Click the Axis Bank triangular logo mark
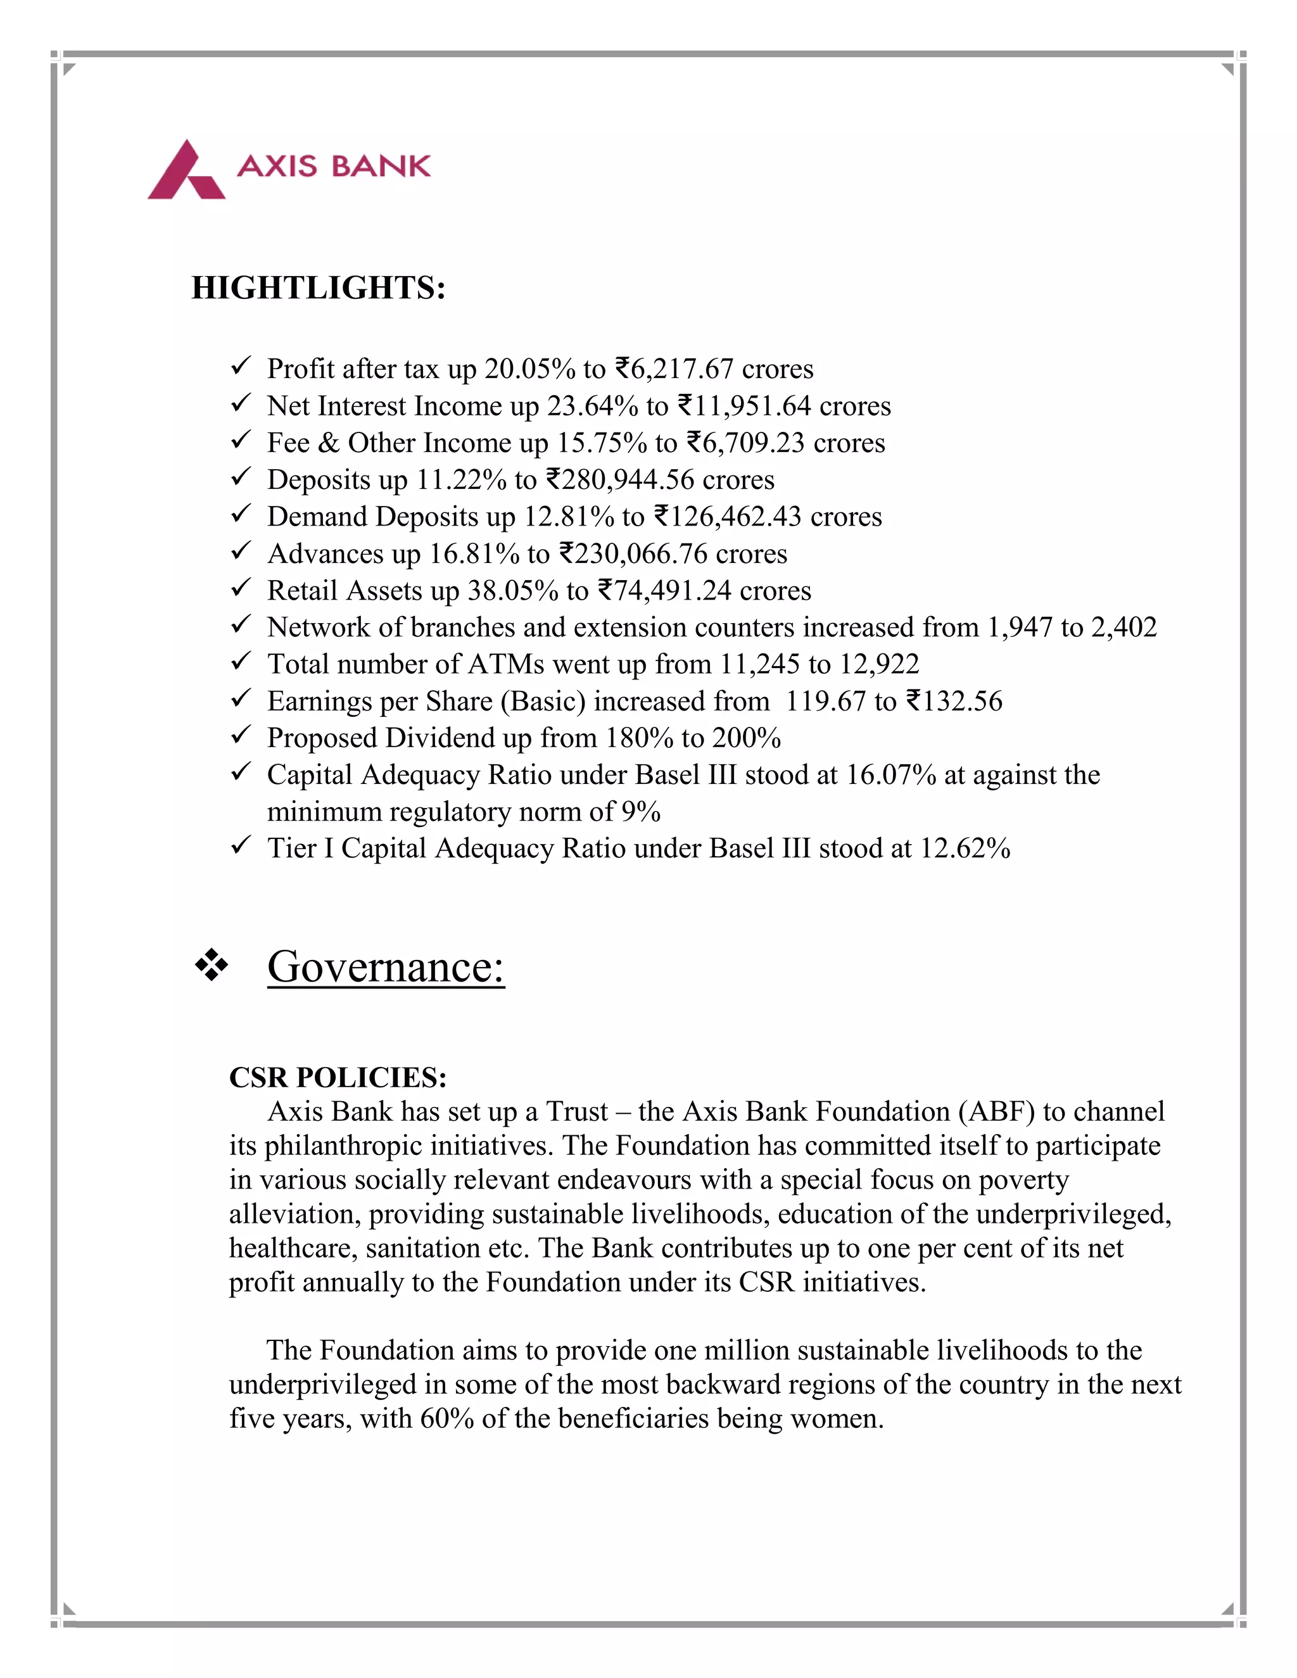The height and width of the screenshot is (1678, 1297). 186,170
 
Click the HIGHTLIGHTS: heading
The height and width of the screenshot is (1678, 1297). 318,288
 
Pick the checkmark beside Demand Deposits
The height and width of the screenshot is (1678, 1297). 241,514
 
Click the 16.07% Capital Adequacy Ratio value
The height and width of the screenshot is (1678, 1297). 890,775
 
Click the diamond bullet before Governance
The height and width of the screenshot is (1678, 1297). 212,966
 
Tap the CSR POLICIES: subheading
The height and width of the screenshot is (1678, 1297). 338,1077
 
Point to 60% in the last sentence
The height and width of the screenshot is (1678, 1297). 446,1418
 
